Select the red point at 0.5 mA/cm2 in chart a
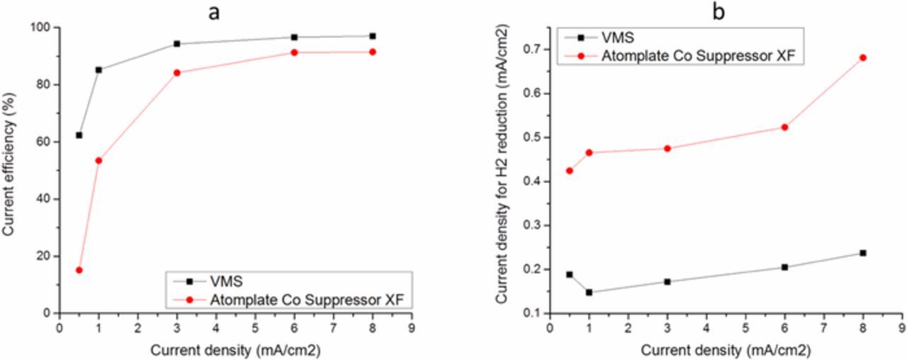[x=79, y=270]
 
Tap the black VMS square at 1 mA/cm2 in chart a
[x=98, y=69]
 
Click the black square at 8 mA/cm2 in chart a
[x=372, y=35]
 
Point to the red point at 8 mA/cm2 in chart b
[x=862, y=57]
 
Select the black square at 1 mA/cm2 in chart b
[x=589, y=292]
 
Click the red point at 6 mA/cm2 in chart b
[x=784, y=127]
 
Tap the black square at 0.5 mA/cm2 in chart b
[x=569, y=274]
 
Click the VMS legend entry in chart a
[x=227, y=281]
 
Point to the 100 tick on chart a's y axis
[x=43, y=27]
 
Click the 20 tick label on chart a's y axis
[x=46, y=256]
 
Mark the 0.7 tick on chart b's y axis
[x=530, y=49]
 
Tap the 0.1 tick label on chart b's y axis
[x=530, y=313]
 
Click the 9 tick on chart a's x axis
[x=411, y=328]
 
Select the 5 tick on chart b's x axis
[x=745, y=328]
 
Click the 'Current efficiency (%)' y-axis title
[x=9, y=169]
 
